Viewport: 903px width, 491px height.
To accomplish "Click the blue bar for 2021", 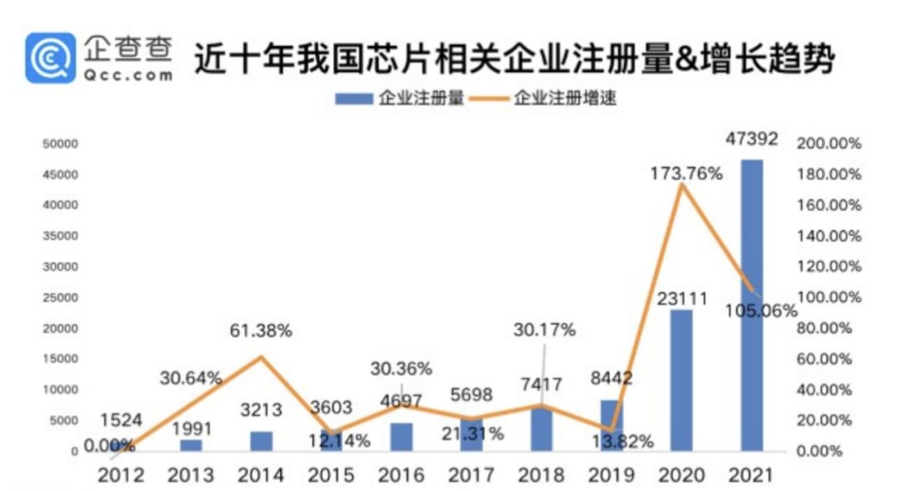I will pos(752,304).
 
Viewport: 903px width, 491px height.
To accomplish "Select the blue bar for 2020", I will pos(681,380).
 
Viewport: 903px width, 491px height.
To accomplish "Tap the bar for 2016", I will pos(401,436).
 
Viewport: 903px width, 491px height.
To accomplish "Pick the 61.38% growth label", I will pos(261,331).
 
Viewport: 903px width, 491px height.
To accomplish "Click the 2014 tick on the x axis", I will pos(262,476).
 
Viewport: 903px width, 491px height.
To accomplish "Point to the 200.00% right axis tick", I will pos(829,144).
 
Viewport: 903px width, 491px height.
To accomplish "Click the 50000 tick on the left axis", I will pos(60,144).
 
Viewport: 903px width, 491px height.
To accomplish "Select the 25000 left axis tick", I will pos(60,298).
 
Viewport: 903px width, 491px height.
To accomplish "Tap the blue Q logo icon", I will pos(50,58).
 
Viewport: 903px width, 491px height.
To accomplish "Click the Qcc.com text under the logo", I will pos(128,75).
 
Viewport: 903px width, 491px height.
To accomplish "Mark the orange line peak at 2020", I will pos(682,185).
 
